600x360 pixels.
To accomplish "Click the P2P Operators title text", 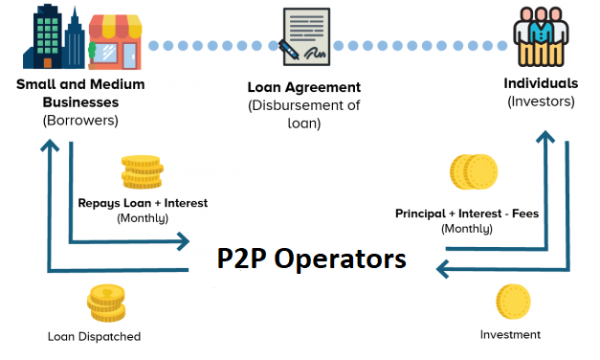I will point(310,259).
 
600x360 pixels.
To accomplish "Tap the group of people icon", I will point(541,37).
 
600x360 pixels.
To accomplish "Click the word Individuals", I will point(541,83).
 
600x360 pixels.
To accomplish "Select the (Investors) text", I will point(541,101).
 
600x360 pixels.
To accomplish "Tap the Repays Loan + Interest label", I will point(143,203).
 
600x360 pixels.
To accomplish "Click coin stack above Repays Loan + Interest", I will point(141,172).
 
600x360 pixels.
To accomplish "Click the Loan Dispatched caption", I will point(94,336).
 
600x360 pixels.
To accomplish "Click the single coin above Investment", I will point(513,302).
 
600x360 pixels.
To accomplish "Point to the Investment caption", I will point(510,334).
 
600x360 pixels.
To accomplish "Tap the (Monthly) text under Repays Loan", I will point(143,218).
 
